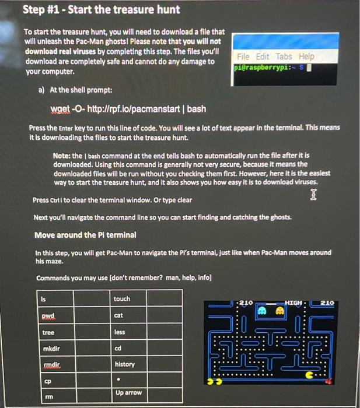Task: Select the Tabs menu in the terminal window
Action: click(284, 56)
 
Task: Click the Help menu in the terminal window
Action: click(306, 56)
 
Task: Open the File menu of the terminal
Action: click(243, 56)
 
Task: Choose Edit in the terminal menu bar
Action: click(263, 56)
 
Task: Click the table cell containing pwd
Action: click(74, 315)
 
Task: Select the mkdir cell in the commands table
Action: click(74, 348)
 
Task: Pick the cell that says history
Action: click(148, 364)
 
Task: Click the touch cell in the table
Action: click(148, 299)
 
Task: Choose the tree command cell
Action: click(74, 332)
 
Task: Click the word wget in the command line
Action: click(60, 109)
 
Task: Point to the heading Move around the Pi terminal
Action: click(85, 235)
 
